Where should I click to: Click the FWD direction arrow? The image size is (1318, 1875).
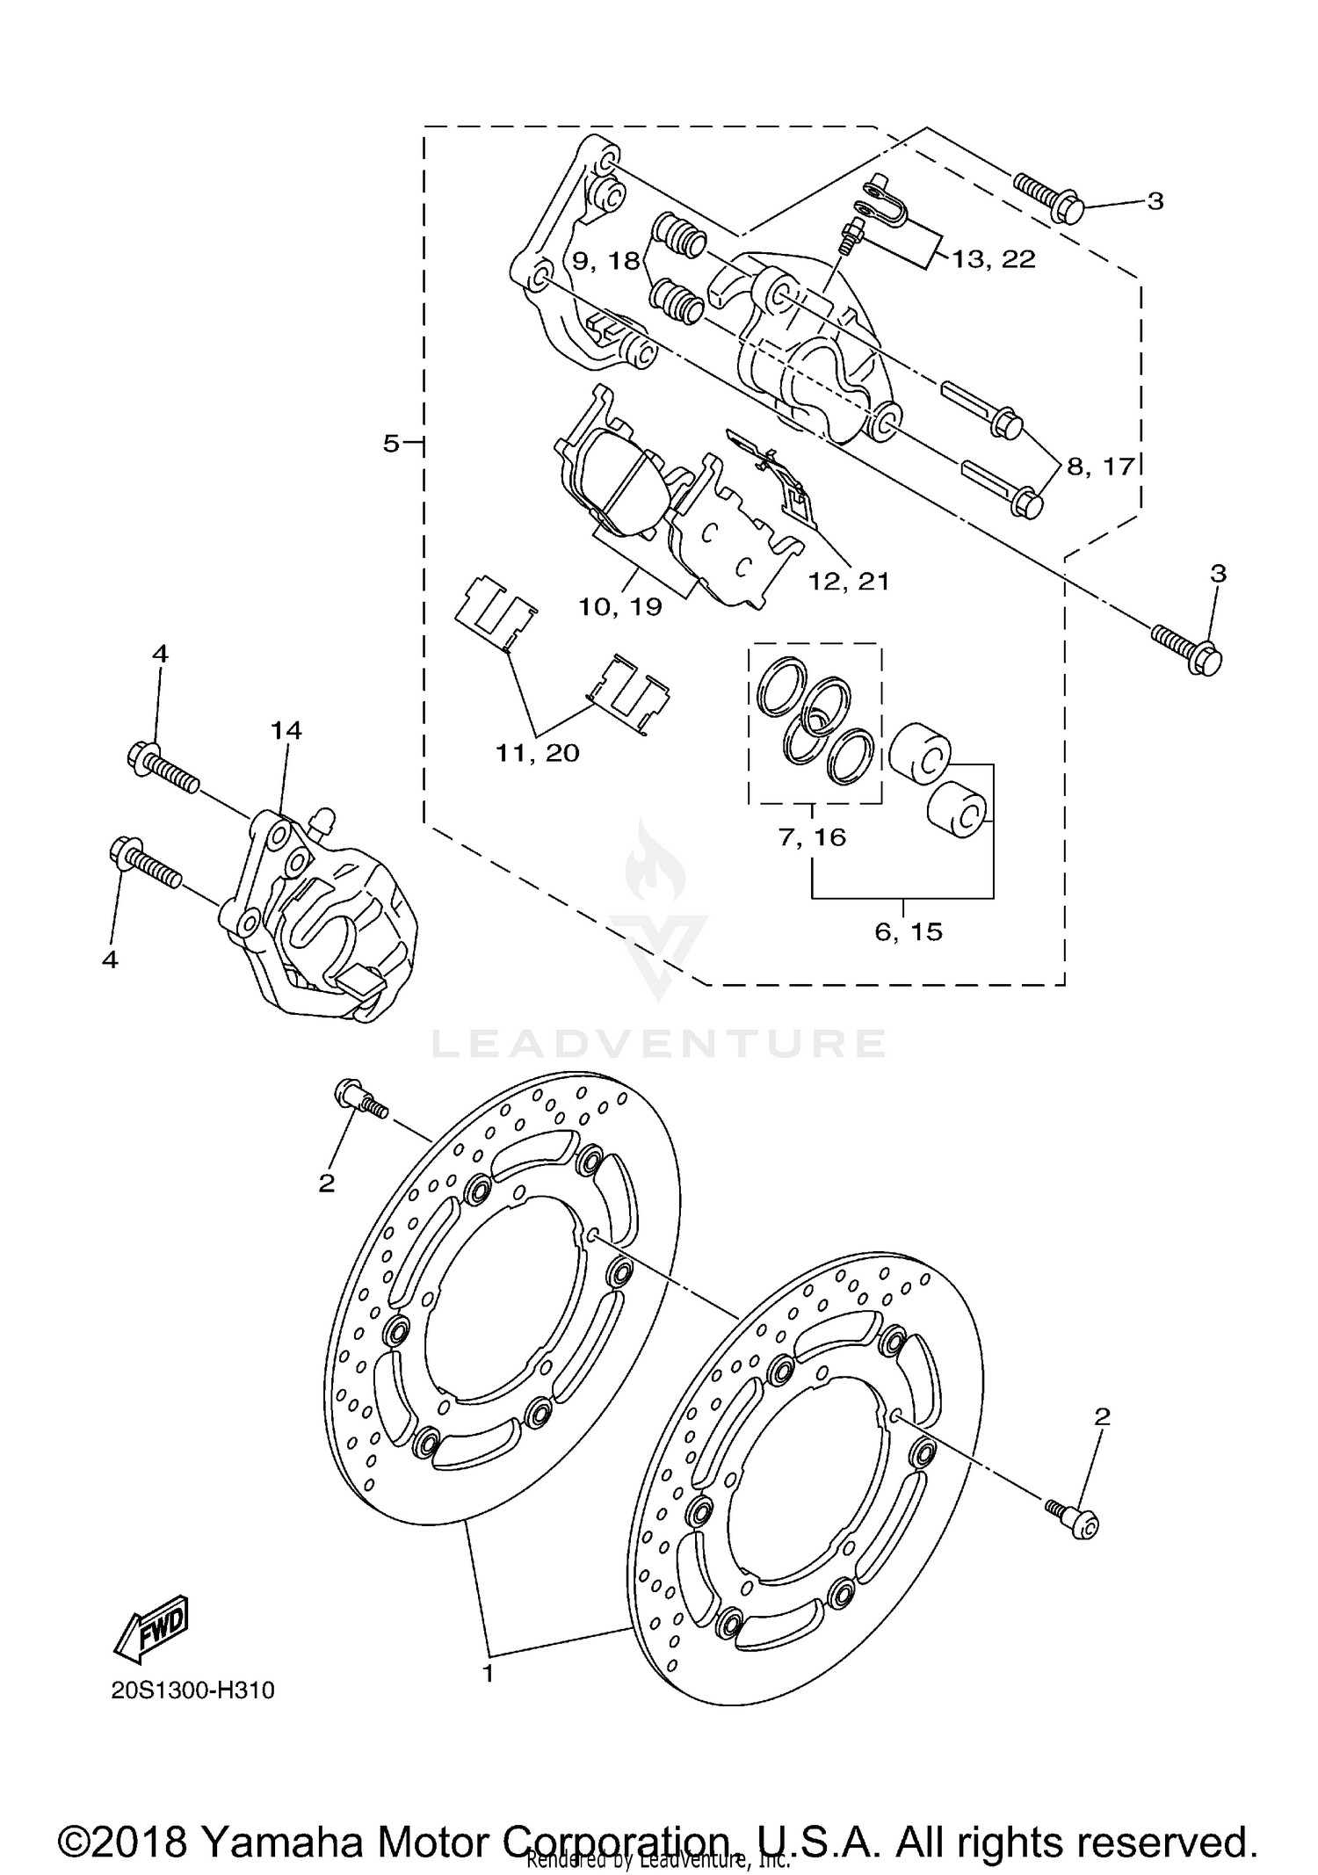click(151, 1628)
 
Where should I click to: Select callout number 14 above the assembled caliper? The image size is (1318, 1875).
click(286, 730)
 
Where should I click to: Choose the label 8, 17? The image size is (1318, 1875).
click(1101, 466)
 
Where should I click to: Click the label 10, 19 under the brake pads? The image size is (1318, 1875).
click(619, 606)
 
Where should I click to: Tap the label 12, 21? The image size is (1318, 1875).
click(849, 581)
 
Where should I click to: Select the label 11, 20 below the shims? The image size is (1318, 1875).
click(538, 753)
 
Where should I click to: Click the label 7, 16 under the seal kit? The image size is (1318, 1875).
click(812, 837)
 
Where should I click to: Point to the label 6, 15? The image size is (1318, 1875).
click(909, 931)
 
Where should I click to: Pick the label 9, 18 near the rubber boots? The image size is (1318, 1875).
click(606, 261)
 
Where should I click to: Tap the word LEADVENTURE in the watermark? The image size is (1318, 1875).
click(658, 1044)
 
